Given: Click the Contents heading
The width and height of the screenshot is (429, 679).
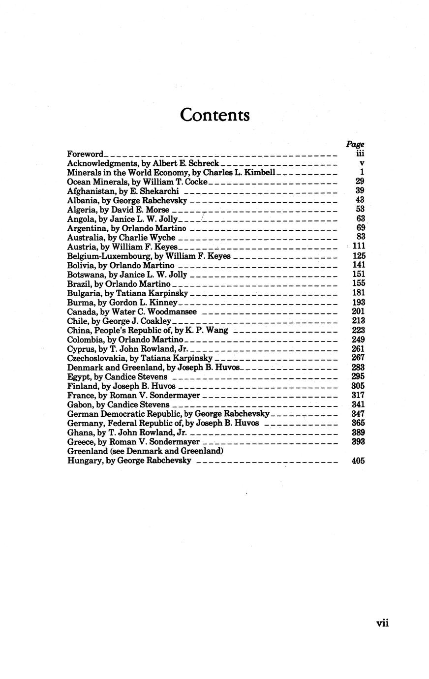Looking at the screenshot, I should [214, 115].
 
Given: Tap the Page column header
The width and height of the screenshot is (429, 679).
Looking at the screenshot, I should [355, 144].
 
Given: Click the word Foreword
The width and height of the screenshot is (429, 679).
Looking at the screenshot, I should [85, 154].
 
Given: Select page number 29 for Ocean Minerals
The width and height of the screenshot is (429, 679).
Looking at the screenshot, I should [359, 182].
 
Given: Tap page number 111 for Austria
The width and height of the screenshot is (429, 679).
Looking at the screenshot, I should [358, 246].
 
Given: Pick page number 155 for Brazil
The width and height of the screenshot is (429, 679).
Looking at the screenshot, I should [358, 283].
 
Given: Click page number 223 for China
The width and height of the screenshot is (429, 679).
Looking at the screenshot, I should [358, 330].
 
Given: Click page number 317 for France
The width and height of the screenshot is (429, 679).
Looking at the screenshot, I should [358, 395].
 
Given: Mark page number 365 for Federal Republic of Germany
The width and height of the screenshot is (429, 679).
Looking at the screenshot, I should [358, 423].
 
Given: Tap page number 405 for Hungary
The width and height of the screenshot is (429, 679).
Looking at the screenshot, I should [358, 461].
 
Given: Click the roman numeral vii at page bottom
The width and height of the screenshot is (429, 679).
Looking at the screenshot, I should [382, 623].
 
